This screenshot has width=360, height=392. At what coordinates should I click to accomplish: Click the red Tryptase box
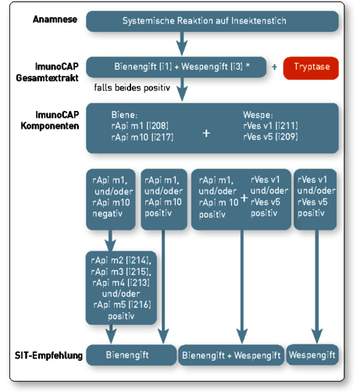click(x=311, y=68)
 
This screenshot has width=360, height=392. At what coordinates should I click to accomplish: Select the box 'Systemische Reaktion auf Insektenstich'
click(x=212, y=21)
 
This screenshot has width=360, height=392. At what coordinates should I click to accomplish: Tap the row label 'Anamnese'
click(x=55, y=20)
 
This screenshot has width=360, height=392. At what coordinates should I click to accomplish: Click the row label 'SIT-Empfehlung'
click(x=48, y=355)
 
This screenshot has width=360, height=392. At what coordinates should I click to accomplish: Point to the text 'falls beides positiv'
click(x=132, y=87)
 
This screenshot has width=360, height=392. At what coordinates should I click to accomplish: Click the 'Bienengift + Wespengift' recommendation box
click(x=231, y=355)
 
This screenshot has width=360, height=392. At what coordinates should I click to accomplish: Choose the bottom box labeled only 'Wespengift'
click(x=312, y=355)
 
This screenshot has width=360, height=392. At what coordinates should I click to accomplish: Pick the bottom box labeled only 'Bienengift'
click(x=131, y=355)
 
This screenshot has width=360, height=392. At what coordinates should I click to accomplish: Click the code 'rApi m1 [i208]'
click(x=140, y=126)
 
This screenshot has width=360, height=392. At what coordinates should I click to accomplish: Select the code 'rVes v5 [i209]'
click(x=270, y=137)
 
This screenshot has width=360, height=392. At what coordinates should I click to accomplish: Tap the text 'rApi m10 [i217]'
click(x=142, y=137)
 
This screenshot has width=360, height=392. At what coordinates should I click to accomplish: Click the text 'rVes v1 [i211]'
click(x=270, y=126)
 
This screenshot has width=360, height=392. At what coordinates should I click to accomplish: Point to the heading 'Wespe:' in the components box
click(x=258, y=115)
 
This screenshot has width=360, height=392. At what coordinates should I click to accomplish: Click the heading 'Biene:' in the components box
click(x=124, y=115)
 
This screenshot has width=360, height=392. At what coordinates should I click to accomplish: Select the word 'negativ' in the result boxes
click(x=107, y=214)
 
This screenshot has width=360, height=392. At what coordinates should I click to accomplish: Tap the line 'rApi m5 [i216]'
click(x=122, y=305)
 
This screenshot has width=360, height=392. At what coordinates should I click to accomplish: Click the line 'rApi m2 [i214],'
click(x=121, y=260)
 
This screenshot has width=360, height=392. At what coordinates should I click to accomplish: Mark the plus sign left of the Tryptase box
click(x=274, y=67)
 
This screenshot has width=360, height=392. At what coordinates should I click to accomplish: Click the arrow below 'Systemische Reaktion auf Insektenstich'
click(x=182, y=43)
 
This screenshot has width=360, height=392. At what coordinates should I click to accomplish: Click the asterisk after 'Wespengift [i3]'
click(x=248, y=65)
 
